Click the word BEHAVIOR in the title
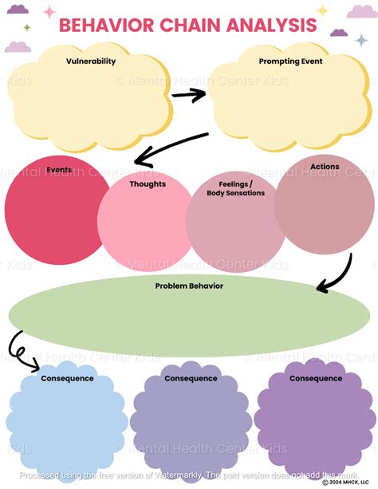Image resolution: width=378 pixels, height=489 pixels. (x=104, y=26)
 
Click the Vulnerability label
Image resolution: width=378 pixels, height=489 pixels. (x=92, y=61)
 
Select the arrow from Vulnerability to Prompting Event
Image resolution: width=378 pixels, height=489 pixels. (x=188, y=94)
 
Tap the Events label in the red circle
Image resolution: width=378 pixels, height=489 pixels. (x=58, y=170)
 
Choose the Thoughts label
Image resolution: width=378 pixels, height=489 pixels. (x=148, y=184)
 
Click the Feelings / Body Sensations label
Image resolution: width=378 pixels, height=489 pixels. (x=235, y=188)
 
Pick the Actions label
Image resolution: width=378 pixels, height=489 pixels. (x=325, y=167)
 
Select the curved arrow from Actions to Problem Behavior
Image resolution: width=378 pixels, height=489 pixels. (x=336, y=274)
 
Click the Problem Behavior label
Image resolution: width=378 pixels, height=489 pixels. (x=189, y=285)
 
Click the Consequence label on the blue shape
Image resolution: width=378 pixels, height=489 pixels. (x=67, y=378)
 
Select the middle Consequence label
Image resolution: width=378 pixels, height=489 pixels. (x=191, y=378)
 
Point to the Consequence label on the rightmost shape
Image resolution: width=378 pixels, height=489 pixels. (x=315, y=378)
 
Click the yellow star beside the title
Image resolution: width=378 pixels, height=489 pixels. (x=322, y=10)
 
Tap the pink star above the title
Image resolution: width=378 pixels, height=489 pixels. (x=49, y=12)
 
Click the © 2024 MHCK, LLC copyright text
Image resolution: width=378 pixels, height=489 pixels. (x=348, y=483)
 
